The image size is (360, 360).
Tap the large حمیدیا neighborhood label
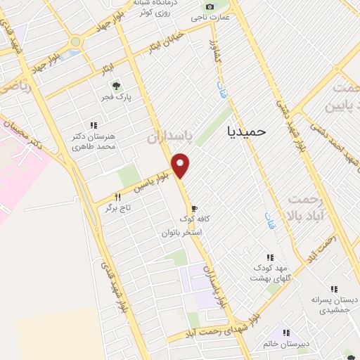pos(248,130)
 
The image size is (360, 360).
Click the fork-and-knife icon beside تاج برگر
pos(118,198)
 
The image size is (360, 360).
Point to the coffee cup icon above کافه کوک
pos(194,208)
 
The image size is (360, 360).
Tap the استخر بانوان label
pos(182,232)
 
